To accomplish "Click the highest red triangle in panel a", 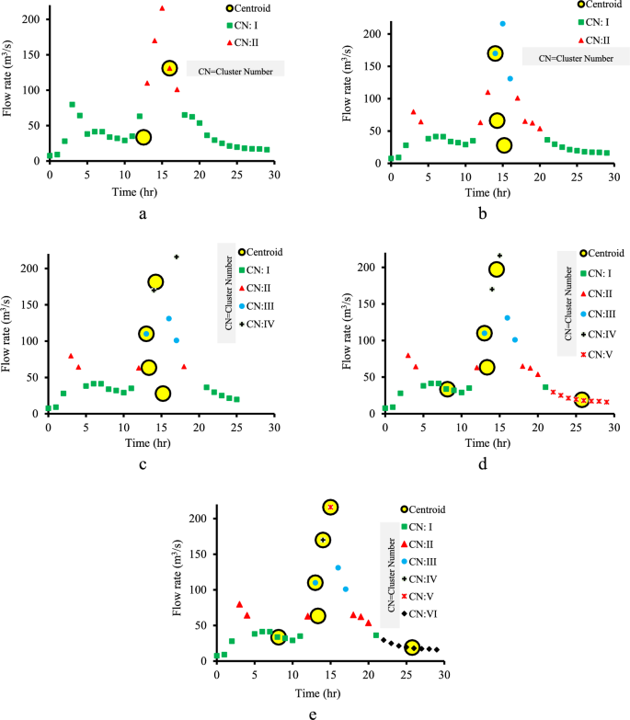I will point(162,8).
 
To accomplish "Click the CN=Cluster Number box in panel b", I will point(567,57).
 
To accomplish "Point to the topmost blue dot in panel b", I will point(502,24).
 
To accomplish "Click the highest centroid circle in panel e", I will point(330,508).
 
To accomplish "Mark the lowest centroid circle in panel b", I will point(504,145).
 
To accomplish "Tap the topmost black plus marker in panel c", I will point(177,257).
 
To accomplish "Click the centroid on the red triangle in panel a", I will point(169,68).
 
